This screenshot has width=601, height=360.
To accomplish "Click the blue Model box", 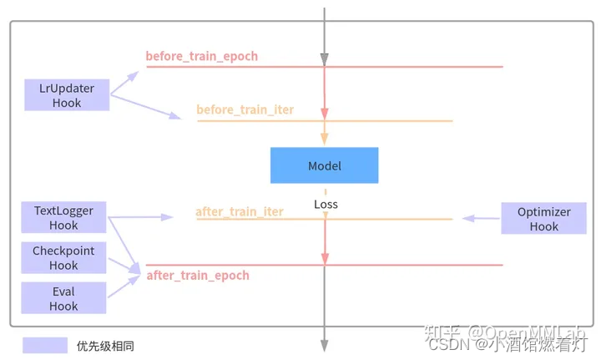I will click(324, 165).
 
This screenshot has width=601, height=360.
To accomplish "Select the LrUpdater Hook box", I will click(67, 95).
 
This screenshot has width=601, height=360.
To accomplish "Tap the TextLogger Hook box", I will click(64, 218).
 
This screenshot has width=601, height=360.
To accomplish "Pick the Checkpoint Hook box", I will click(63, 258).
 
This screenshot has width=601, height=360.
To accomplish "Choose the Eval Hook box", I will click(63, 298).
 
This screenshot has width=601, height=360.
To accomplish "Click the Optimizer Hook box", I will click(543, 218).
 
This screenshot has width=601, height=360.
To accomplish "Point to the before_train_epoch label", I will click(202, 57).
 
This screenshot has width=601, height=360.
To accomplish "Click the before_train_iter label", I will click(245, 109).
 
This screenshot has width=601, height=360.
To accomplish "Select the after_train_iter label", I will click(240, 212).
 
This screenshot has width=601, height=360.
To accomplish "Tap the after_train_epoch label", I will click(198, 275).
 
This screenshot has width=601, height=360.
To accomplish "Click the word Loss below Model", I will click(326, 204).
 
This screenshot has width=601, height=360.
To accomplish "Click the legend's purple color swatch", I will click(45, 345).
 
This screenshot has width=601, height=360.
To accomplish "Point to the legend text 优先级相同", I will click(105, 345).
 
